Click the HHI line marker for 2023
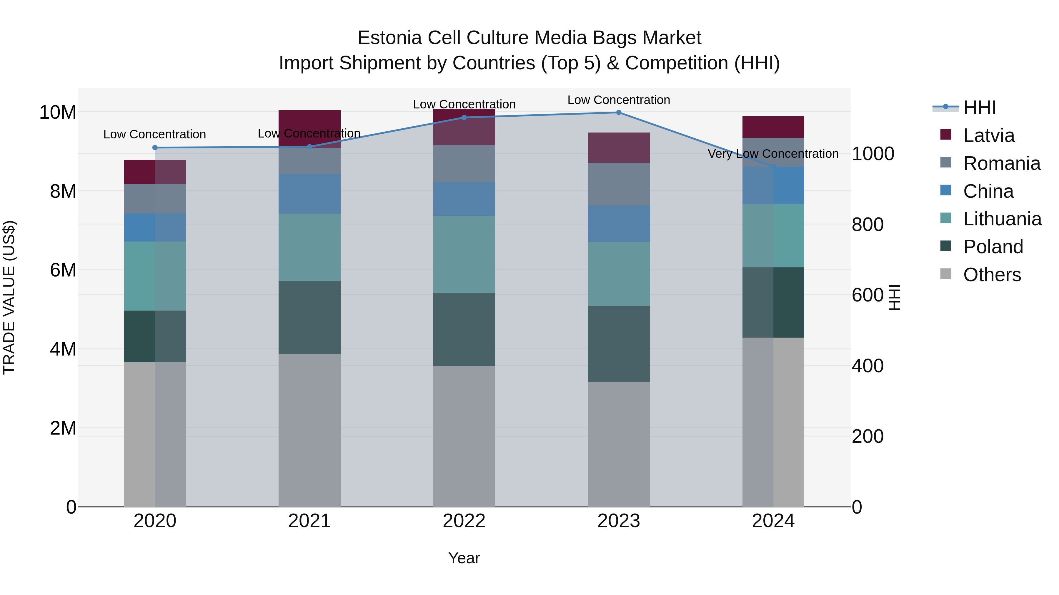(x=618, y=113)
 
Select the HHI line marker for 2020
(x=155, y=148)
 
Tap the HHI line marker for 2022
(x=464, y=118)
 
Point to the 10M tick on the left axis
(x=58, y=112)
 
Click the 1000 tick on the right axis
(x=873, y=154)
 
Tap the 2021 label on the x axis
(x=309, y=521)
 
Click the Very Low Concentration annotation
(x=773, y=154)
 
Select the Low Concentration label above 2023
(x=618, y=100)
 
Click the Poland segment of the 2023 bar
(x=618, y=344)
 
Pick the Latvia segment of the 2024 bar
(x=773, y=127)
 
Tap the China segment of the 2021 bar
(x=309, y=194)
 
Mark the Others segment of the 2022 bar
(x=464, y=436)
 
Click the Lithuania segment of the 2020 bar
(x=155, y=276)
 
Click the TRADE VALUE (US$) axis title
(x=9, y=297)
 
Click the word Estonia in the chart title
(x=389, y=38)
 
